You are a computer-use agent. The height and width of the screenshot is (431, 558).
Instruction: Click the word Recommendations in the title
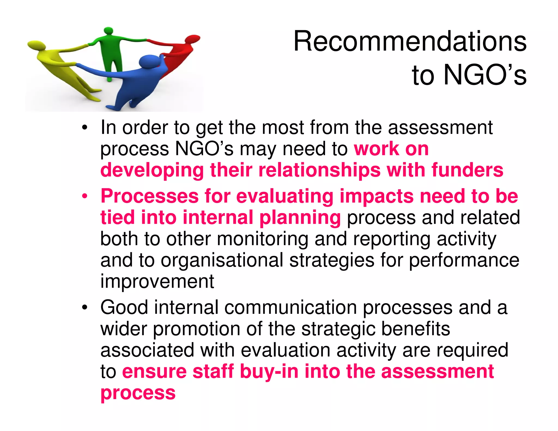click(410, 41)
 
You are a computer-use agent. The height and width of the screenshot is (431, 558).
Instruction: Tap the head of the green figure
click(109, 30)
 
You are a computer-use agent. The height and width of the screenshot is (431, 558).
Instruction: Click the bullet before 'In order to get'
click(85, 128)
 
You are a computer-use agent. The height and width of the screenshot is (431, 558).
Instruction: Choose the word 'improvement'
click(157, 281)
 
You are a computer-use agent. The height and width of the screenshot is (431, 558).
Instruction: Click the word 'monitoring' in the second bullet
click(263, 239)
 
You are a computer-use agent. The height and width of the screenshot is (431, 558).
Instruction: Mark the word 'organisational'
click(222, 260)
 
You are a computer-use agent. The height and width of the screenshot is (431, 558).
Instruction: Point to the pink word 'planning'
click(300, 218)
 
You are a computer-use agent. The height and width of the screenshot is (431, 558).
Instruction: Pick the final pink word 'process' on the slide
click(138, 393)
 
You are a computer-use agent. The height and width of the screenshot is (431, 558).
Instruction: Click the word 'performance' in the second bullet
click(464, 260)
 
